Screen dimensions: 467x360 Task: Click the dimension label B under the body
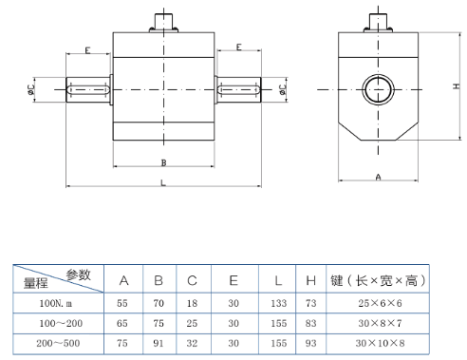(163, 162)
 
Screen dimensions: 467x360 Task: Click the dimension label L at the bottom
(163, 183)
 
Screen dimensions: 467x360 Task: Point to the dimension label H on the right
(457, 86)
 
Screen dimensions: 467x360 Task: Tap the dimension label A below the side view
(378, 178)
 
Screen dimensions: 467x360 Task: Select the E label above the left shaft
(87, 50)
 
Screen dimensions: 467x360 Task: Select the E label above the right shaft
(239, 47)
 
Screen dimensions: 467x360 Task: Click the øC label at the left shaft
(30, 89)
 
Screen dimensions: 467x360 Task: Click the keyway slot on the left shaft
(88, 89)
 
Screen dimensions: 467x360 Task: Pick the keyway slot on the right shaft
(238, 89)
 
